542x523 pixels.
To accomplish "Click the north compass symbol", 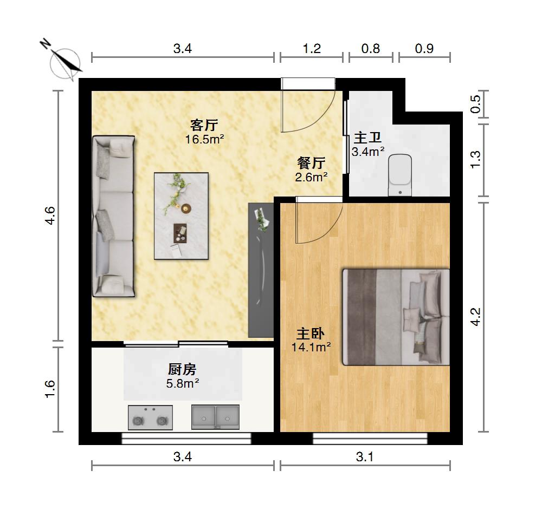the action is click(64, 62).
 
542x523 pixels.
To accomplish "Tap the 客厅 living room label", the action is click(204, 125).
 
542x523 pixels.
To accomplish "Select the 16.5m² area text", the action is click(205, 139).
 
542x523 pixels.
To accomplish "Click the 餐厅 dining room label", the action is click(311, 163).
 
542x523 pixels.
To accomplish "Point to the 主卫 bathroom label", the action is click(367, 138).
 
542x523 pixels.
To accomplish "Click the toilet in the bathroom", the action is click(400, 175).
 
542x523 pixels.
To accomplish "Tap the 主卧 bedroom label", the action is click(311, 334).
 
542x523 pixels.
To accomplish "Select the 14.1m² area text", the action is click(311, 347).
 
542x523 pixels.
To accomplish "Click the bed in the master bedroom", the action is click(396, 317).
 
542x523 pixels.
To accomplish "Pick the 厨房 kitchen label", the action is click(182, 370).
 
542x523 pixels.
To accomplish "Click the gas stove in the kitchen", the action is click(150, 417).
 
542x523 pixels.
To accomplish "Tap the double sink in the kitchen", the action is click(215, 417).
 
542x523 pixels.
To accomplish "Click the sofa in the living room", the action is click(113, 216).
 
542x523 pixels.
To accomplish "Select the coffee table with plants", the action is click(181, 216).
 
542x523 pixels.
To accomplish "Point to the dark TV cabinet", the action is click(261, 270).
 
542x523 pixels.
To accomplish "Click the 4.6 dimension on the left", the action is click(50, 215).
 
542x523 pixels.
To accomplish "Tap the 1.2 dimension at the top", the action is click(312, 49).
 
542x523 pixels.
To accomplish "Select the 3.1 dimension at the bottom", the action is click(365, 457).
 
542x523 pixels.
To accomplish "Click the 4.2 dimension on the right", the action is click(476, 317).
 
